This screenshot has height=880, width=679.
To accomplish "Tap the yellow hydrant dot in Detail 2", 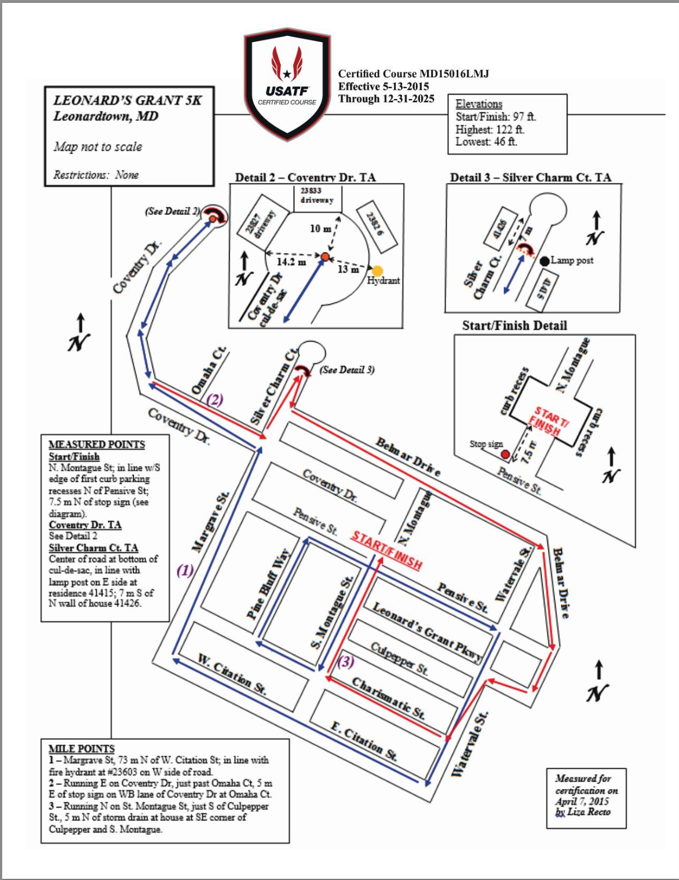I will pos(377,270).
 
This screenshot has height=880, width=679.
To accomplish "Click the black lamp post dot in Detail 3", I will pos(545,261).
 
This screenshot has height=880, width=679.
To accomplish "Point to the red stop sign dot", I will pos(505,455).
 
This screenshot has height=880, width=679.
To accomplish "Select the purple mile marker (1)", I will pos(185,570).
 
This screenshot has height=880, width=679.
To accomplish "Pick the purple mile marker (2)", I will pos(215,399).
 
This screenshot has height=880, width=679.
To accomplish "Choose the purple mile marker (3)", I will pos(346,661).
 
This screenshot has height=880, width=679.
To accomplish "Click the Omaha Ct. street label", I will pos(209,372).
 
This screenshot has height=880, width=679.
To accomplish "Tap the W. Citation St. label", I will pos(232,674).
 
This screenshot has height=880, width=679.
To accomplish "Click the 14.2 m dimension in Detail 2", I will pos(291,262).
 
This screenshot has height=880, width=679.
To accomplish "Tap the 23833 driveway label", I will pos(317,195).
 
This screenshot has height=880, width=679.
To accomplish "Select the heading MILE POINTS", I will pos(82,749).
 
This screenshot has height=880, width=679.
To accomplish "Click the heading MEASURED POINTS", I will pos(97,444).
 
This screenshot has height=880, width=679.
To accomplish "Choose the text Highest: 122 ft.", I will pos(490,129).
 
